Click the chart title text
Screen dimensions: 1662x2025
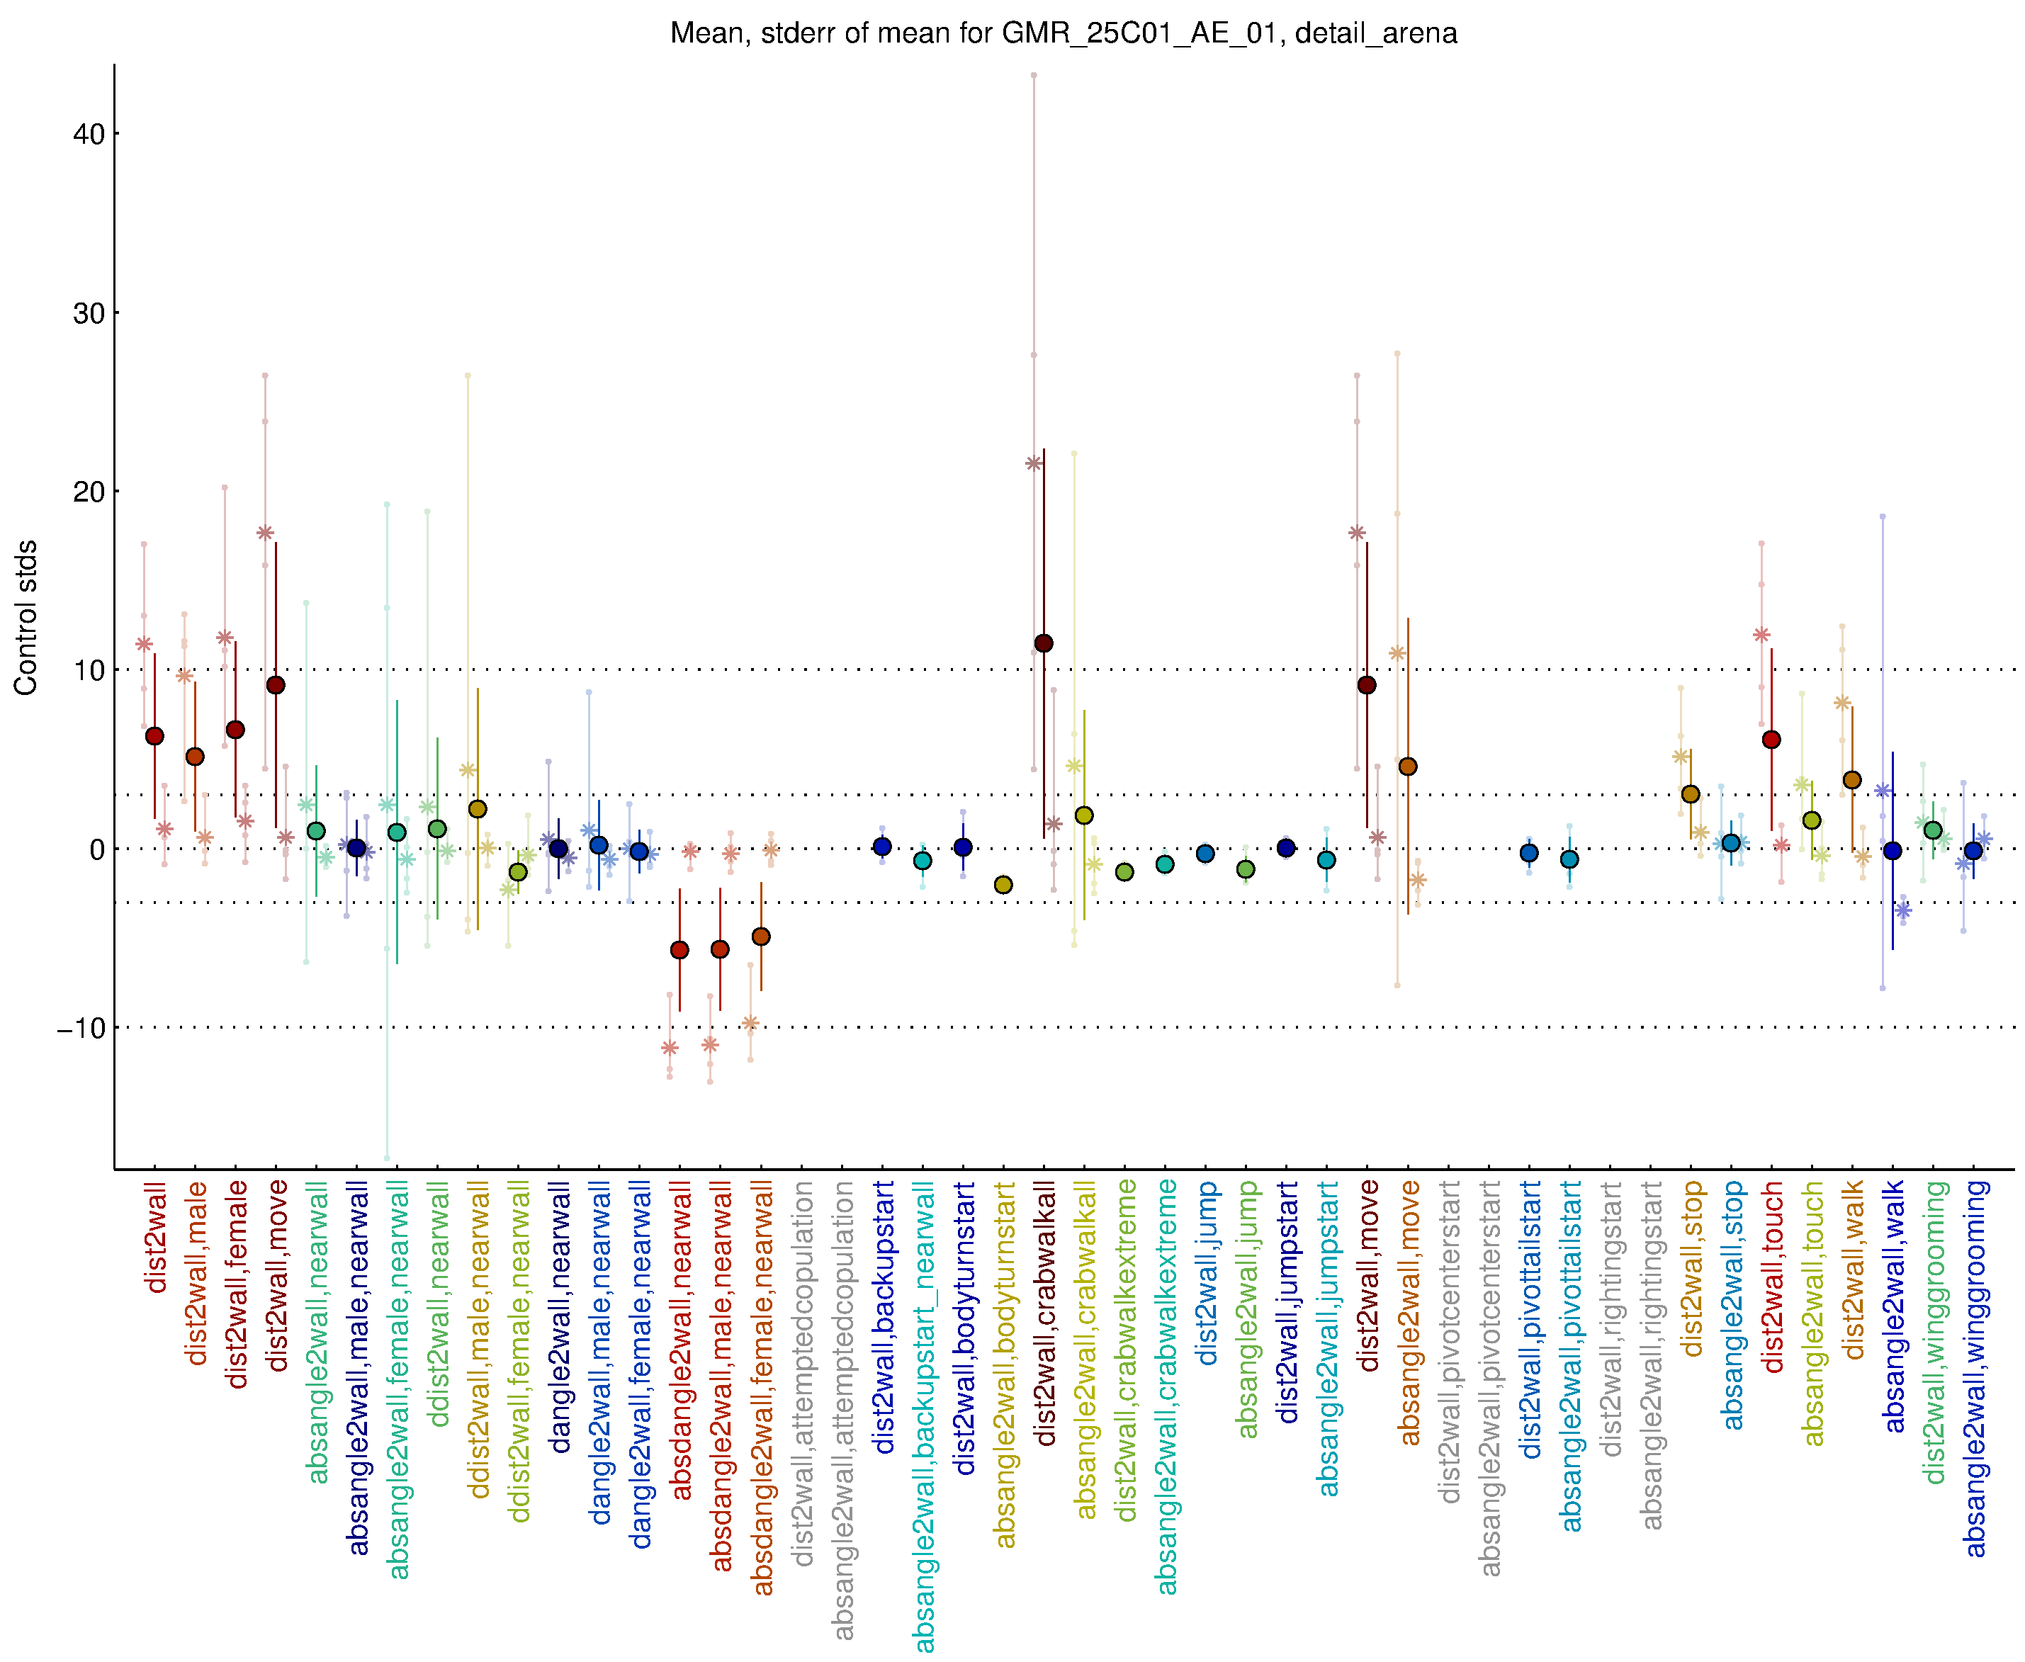tap(1063, 33)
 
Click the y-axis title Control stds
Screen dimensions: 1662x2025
tap(26, 618)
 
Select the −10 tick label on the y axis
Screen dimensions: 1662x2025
tap(81, 1028)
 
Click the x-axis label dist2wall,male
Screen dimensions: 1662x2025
tap(196, 1273)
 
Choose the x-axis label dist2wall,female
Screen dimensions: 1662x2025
tap(237, 1284)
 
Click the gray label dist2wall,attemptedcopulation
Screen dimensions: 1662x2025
tap(802, 1373)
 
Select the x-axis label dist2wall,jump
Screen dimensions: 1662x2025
tap(1207, 1272)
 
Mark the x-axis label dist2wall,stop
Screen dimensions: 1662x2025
tap(1692, 1269)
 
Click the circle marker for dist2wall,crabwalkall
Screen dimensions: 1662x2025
tap(1044, 643)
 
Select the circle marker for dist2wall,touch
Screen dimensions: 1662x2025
tap(1771, 739)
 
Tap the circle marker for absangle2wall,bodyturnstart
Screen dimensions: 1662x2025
tap(1003, 885)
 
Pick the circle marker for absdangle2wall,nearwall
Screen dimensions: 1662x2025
tap(679, 950)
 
